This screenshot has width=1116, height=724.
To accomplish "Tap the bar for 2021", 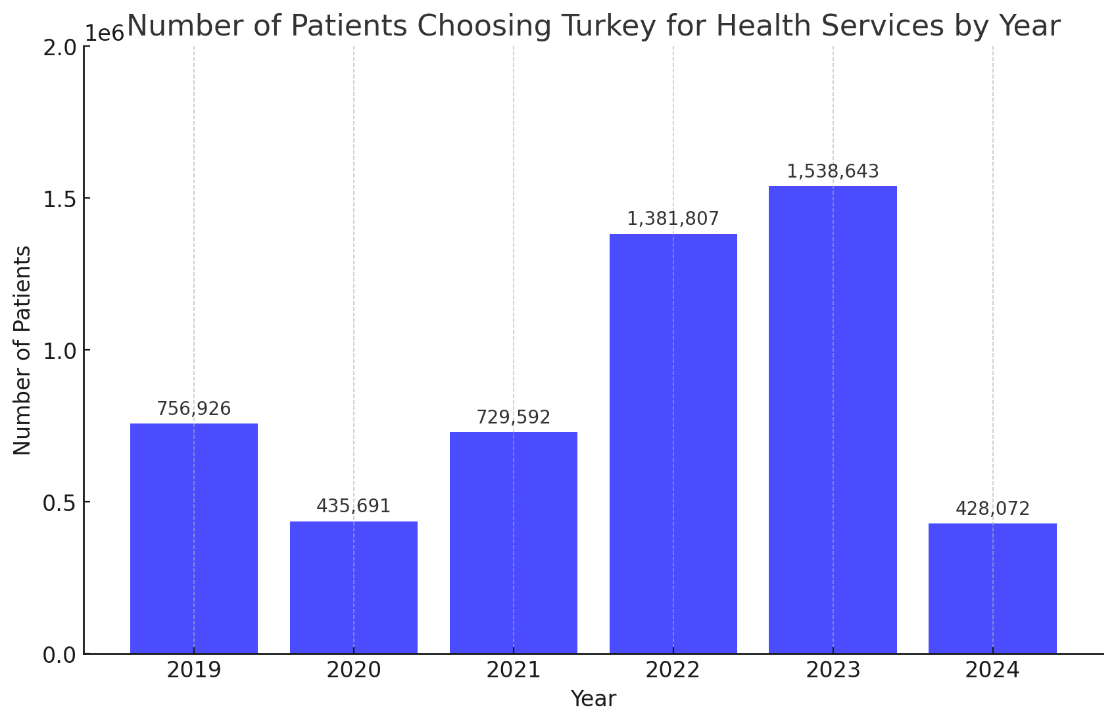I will click(x=514, y=543).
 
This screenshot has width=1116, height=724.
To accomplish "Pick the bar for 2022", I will click(x=673, y=444).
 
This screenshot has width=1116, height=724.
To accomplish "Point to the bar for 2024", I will click(x=992, y=589).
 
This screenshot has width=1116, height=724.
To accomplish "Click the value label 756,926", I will click(x=194, y=409).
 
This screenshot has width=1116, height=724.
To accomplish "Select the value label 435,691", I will click(x=354, y=506).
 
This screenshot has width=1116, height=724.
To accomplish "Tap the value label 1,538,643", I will click(x=833, y=172).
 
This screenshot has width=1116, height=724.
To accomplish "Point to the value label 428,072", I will click(x=992, y=509).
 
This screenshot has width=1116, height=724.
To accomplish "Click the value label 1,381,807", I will click(x=673, y=219).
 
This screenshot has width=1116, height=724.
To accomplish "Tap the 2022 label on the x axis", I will click(x=673, y=671).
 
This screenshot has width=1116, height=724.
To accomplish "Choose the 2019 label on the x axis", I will click(x=194, y=671).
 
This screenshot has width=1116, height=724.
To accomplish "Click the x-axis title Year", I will click(x=593, y=699).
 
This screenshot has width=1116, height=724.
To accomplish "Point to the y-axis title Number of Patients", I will click(x=22, y=350).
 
